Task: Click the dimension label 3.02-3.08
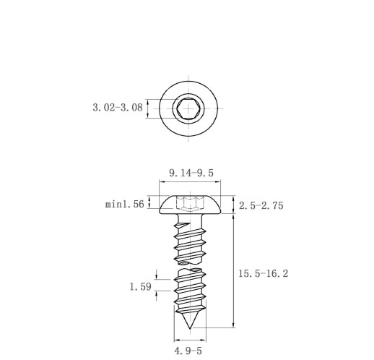[118, 108]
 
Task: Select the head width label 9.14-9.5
[191, 173]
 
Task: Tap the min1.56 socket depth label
[125, 205]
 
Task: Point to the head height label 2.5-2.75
[261, 205]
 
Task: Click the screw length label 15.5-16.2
[264, 273]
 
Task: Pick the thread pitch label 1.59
[141, 287]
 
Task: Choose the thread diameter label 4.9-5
[188, 351]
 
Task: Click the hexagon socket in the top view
[188, 108]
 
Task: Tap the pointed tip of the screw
[190, 328]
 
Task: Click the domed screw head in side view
[190, 205]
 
